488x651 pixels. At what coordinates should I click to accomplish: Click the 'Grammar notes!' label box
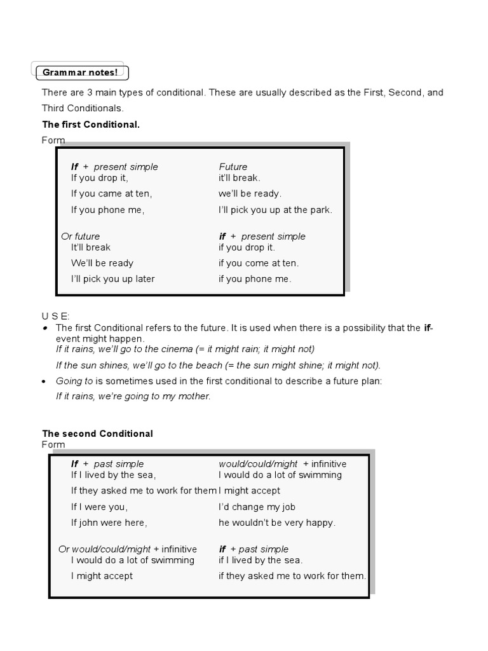click(80, 72)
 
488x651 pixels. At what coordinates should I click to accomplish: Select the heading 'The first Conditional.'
click(90, 125)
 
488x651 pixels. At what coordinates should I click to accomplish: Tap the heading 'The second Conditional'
click(97, 434)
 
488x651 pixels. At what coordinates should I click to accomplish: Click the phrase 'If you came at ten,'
click(111, 194)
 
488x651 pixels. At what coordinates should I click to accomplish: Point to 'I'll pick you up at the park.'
click(275, 210)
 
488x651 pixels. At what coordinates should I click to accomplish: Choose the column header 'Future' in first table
click(233, 167)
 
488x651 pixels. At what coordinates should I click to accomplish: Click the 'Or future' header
click(80, 236)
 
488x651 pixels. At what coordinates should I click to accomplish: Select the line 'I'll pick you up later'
click(112, 279)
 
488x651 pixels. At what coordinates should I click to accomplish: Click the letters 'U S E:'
click(56, 316)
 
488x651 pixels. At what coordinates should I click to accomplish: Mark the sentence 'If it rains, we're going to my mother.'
click(133, 396)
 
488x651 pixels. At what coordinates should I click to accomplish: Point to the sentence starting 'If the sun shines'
click(218, 365)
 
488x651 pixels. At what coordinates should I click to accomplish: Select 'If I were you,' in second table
click(99, 507)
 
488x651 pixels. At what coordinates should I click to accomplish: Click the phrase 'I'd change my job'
click(257, 507)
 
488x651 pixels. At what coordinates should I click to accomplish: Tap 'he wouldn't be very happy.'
click(277, 523)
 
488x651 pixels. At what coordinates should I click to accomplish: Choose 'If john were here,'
click(109, 523)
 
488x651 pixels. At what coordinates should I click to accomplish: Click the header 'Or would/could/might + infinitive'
click(128, 549)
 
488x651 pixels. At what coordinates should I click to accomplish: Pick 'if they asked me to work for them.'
click(292, 576)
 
